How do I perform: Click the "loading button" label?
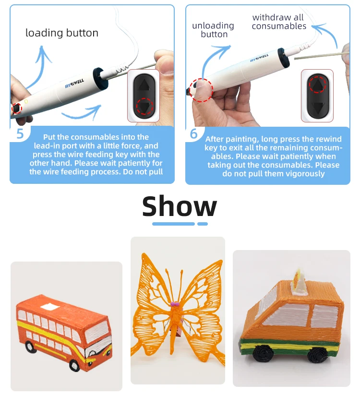click(x=61, y=33)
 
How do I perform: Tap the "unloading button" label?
click(x=213, y=30)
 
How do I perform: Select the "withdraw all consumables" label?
click(x=279, y=22)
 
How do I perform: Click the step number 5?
click(x=20, y=133)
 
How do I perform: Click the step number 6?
click(x=194, y=133)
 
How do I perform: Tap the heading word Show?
click(x=180, y=206)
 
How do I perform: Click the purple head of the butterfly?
click(x=174, y=303)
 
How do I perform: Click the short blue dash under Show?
click(x=203, y=224)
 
